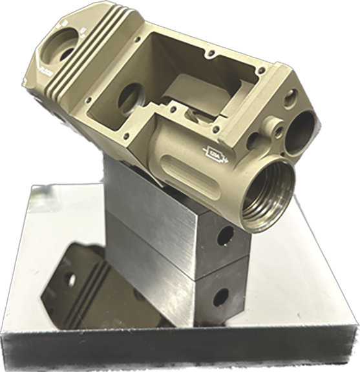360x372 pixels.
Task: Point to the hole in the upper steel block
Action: click(224, 236)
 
